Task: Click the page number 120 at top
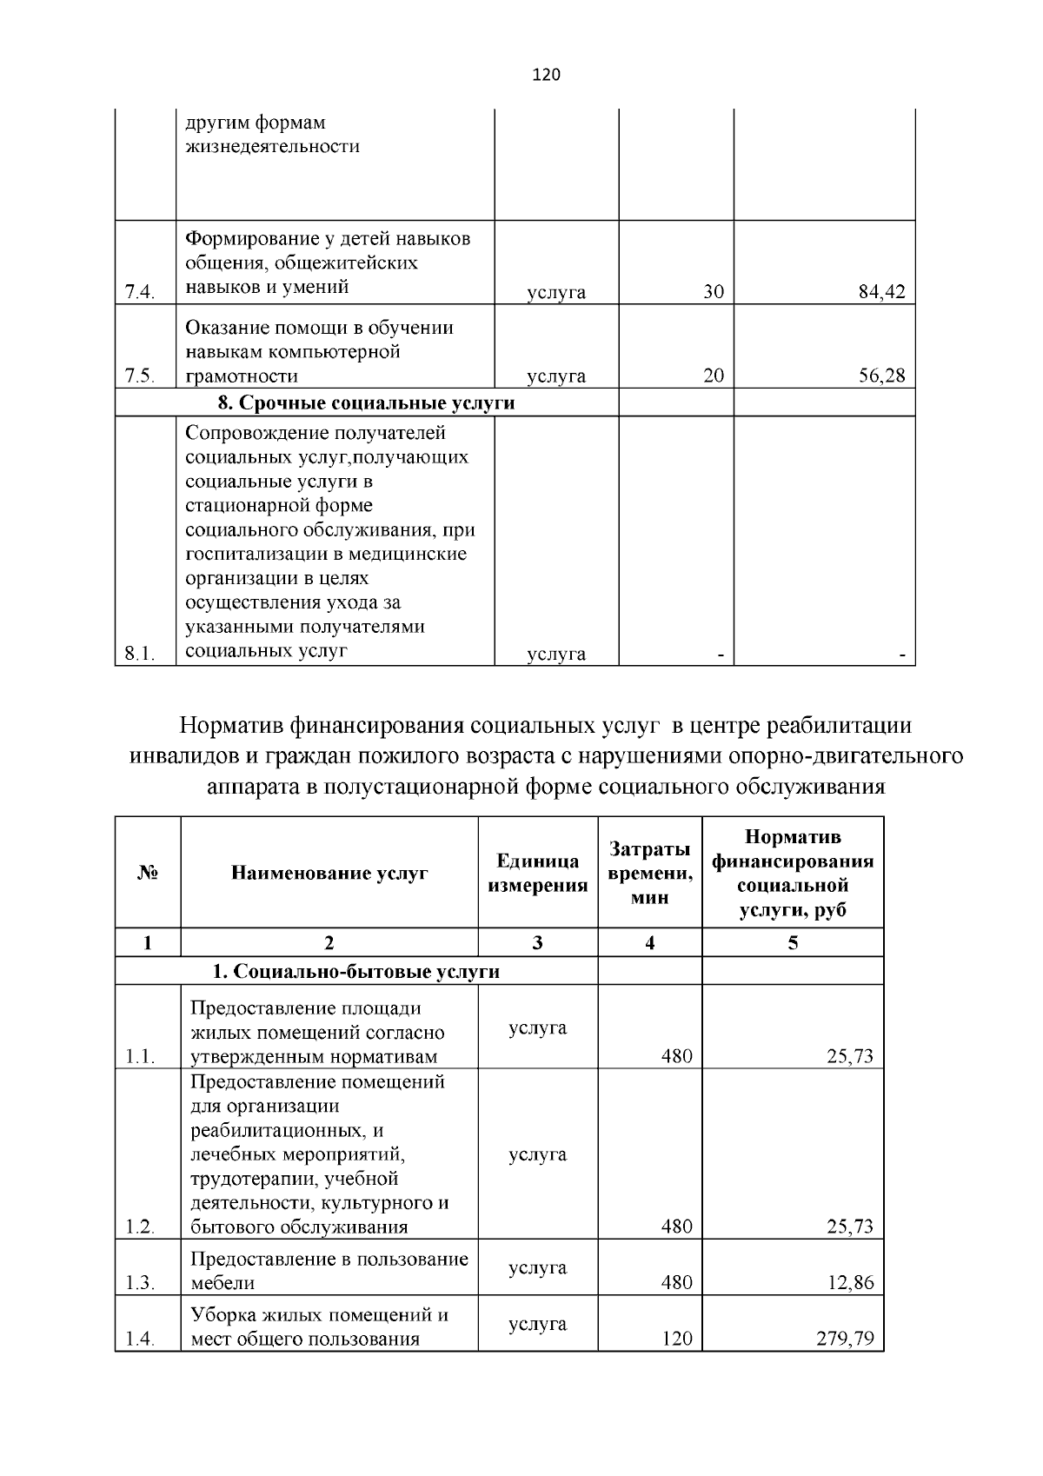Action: click(546, 75)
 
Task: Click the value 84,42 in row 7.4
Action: click(881, 292)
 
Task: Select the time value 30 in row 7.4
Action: click(713, 292)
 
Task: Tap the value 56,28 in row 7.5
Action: click(881, 376)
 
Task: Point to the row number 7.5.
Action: click(139, 376)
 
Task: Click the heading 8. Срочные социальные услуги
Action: click(365, 403)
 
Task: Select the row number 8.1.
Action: click(139, 655)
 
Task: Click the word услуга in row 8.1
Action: click(556, 655)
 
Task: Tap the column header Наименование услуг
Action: click(329, 874)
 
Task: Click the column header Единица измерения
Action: click(537, 874)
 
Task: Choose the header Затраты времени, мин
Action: click(649, 874)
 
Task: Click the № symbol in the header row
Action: click(147, 874)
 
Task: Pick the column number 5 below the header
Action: click(792, 943)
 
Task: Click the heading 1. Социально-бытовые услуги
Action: click(356, 971)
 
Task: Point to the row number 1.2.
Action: click(139, 1227)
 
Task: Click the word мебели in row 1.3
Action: click(223, 1283)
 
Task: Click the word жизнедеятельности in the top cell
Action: click(272, 146)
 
